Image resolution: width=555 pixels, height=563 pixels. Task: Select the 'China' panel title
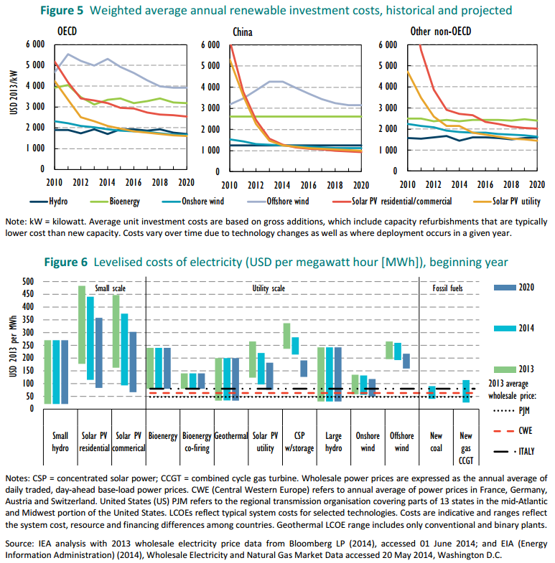pos(243,32)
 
